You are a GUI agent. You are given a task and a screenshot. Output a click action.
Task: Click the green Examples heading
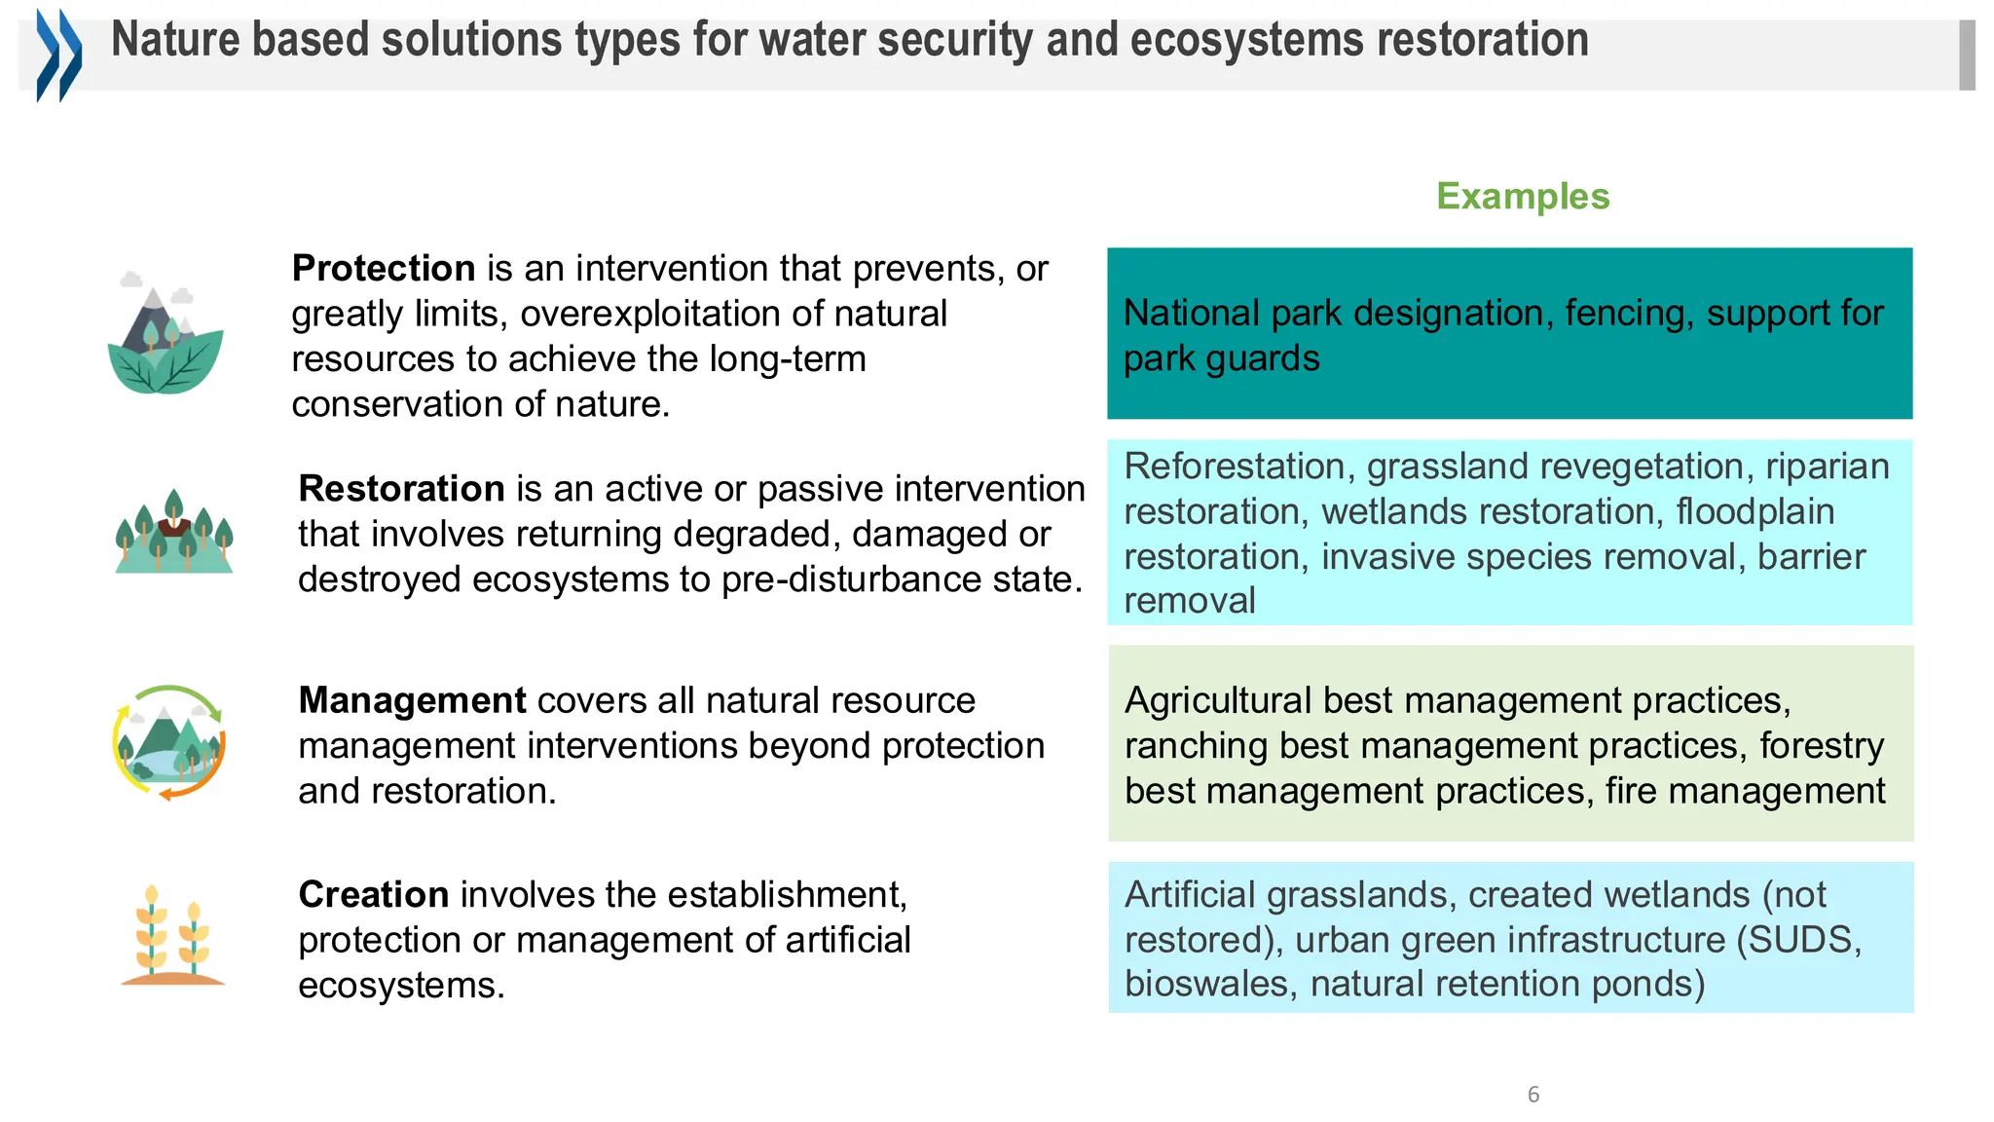[x=1523, y=197]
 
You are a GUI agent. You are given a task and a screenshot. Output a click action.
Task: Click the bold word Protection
[x=384, y=269]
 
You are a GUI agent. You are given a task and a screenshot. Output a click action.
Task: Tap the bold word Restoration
[x=401, y=489]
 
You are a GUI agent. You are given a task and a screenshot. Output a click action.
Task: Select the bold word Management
[x=412, y=701]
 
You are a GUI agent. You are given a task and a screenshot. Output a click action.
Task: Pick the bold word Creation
[x=374, y=895]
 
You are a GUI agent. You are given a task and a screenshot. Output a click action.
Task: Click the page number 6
[x=1533, y=1095]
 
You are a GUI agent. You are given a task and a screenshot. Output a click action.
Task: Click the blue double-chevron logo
[x=58, y=55]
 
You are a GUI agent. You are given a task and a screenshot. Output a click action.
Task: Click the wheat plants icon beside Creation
[x=172, y=936]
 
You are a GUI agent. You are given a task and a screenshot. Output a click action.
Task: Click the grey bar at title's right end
[x=1967, y=56]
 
